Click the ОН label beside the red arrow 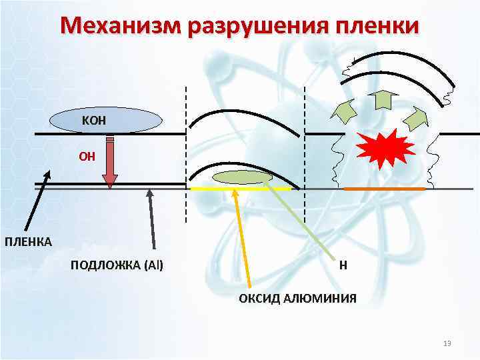(87, 157)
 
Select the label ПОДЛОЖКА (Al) (117, 266)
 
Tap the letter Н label (343, 266)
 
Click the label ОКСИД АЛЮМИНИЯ (297, 298)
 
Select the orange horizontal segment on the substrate (384, 189)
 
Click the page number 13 (447, 343)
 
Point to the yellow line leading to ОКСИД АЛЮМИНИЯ (242, 240)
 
